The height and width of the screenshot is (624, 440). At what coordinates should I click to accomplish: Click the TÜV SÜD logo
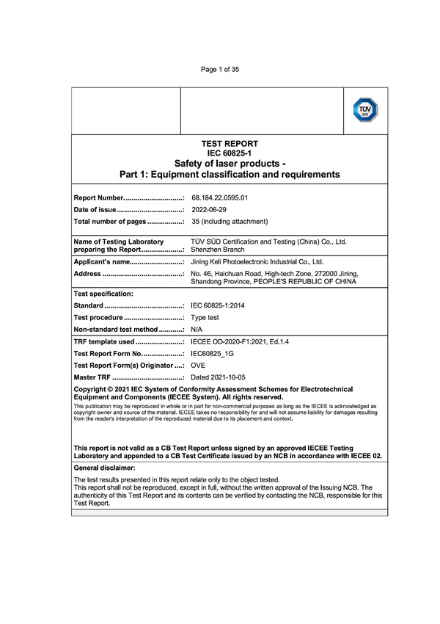tap(366, 110)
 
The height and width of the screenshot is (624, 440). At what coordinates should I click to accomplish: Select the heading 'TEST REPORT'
tap(229, 143)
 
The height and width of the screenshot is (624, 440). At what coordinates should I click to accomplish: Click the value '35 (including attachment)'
tap(230, 221)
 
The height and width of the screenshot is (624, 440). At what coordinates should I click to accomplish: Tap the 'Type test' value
tap(205, 317)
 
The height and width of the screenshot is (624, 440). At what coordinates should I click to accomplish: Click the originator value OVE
tap(198, 366)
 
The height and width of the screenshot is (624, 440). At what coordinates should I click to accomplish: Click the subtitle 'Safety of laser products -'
tap(229, 163)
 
